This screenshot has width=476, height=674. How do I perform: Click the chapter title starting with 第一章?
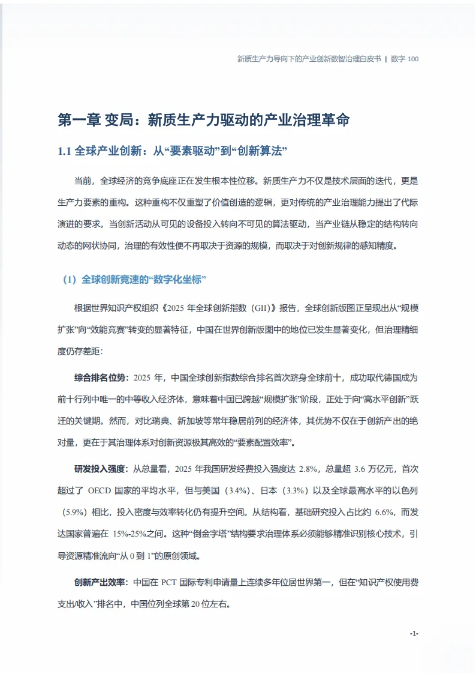[x=203, y=119]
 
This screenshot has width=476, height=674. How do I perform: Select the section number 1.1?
[x=65, y=151]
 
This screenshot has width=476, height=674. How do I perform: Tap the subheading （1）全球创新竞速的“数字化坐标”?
[x=135, y=280]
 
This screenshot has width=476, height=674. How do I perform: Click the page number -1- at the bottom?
[x=414, y=634]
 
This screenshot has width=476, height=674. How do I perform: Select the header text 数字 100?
[x=405, y=59]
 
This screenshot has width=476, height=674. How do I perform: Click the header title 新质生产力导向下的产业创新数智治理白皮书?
[x=309, y=59]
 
